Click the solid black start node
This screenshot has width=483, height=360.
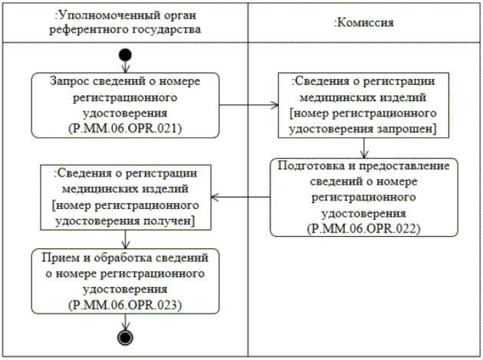(x=126, y=54)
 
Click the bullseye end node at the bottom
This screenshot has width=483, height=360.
(x=126, y=336)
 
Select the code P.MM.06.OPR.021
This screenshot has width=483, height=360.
(x=126, y=127)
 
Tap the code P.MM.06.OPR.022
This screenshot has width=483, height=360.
(x=364, y=227)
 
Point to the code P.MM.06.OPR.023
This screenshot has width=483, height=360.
(x=126, y=306)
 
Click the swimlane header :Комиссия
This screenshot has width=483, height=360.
(x=364, y=23)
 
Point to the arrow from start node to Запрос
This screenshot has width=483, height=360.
(x=126, y=67)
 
